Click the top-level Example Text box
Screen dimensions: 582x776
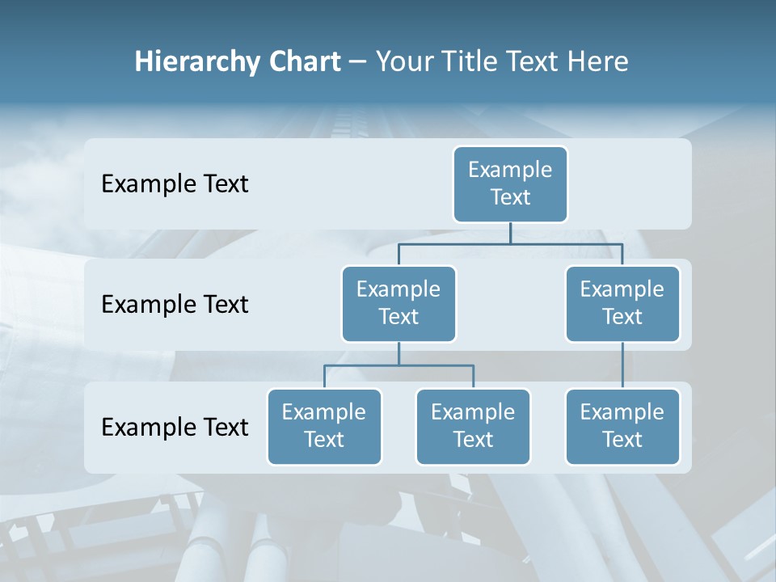click(x=510, y=183)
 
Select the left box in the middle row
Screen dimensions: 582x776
click(x=399, y=303)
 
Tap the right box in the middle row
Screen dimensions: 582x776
click(x=622, y=303)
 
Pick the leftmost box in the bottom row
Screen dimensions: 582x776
click(x=324, y=426)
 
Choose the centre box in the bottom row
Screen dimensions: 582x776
click(x=473, y=426)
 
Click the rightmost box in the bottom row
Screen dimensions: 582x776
click(x=622, y=426)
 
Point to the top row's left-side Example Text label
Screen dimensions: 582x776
click(x=175, y=184)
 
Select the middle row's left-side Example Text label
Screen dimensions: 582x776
click(x=175, y=305)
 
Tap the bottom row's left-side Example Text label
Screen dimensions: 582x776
click(x=175, y=427)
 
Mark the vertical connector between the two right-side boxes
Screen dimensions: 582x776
click(x=622, y=365)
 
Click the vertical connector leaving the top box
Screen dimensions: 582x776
click(x=510, y=233)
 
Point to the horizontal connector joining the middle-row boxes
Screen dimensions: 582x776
click(x=510, y=243)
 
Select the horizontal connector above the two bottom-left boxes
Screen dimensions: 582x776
click(x=399, y=365)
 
